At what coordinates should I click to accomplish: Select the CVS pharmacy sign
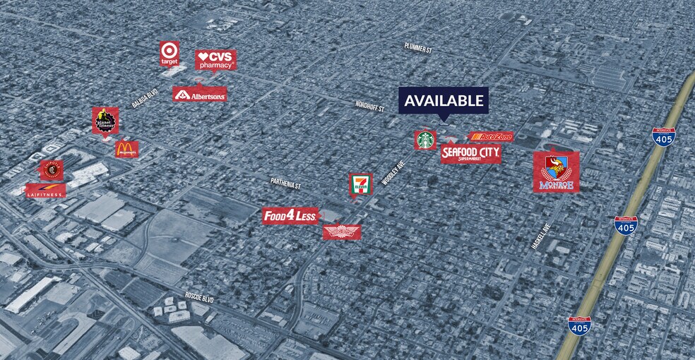point(215,60)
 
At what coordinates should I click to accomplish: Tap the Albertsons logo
point(200,94)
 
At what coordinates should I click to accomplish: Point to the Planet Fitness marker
point(105,121)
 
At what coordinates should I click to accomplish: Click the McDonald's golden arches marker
point(127,149)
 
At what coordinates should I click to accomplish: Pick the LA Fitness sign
point(46,191)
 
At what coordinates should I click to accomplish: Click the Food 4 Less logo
point(290,216)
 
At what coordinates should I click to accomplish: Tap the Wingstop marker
point(342,232)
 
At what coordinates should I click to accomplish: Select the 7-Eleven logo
point(360,184)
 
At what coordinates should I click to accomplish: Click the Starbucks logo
point(425,140)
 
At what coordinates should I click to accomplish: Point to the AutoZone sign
point(492,136)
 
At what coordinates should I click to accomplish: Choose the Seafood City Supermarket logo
point(470,153)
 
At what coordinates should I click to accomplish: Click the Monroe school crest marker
point(556,172)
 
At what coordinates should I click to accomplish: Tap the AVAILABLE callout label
point(444,100)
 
